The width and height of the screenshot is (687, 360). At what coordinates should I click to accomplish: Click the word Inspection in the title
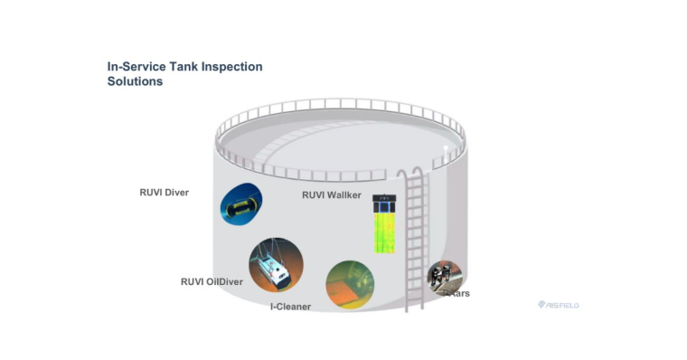click(230, 67)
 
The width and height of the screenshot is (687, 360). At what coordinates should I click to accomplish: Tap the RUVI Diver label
click(164, 192)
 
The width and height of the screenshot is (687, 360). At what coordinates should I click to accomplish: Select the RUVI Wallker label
click(331, 194)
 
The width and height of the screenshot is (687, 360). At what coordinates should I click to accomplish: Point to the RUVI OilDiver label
click(212, 281)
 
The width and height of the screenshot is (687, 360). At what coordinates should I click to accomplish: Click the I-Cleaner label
click(290, 307)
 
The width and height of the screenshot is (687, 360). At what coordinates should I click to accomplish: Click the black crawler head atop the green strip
click(384, 200)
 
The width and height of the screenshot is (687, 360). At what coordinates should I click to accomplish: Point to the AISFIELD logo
click(558, 306)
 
